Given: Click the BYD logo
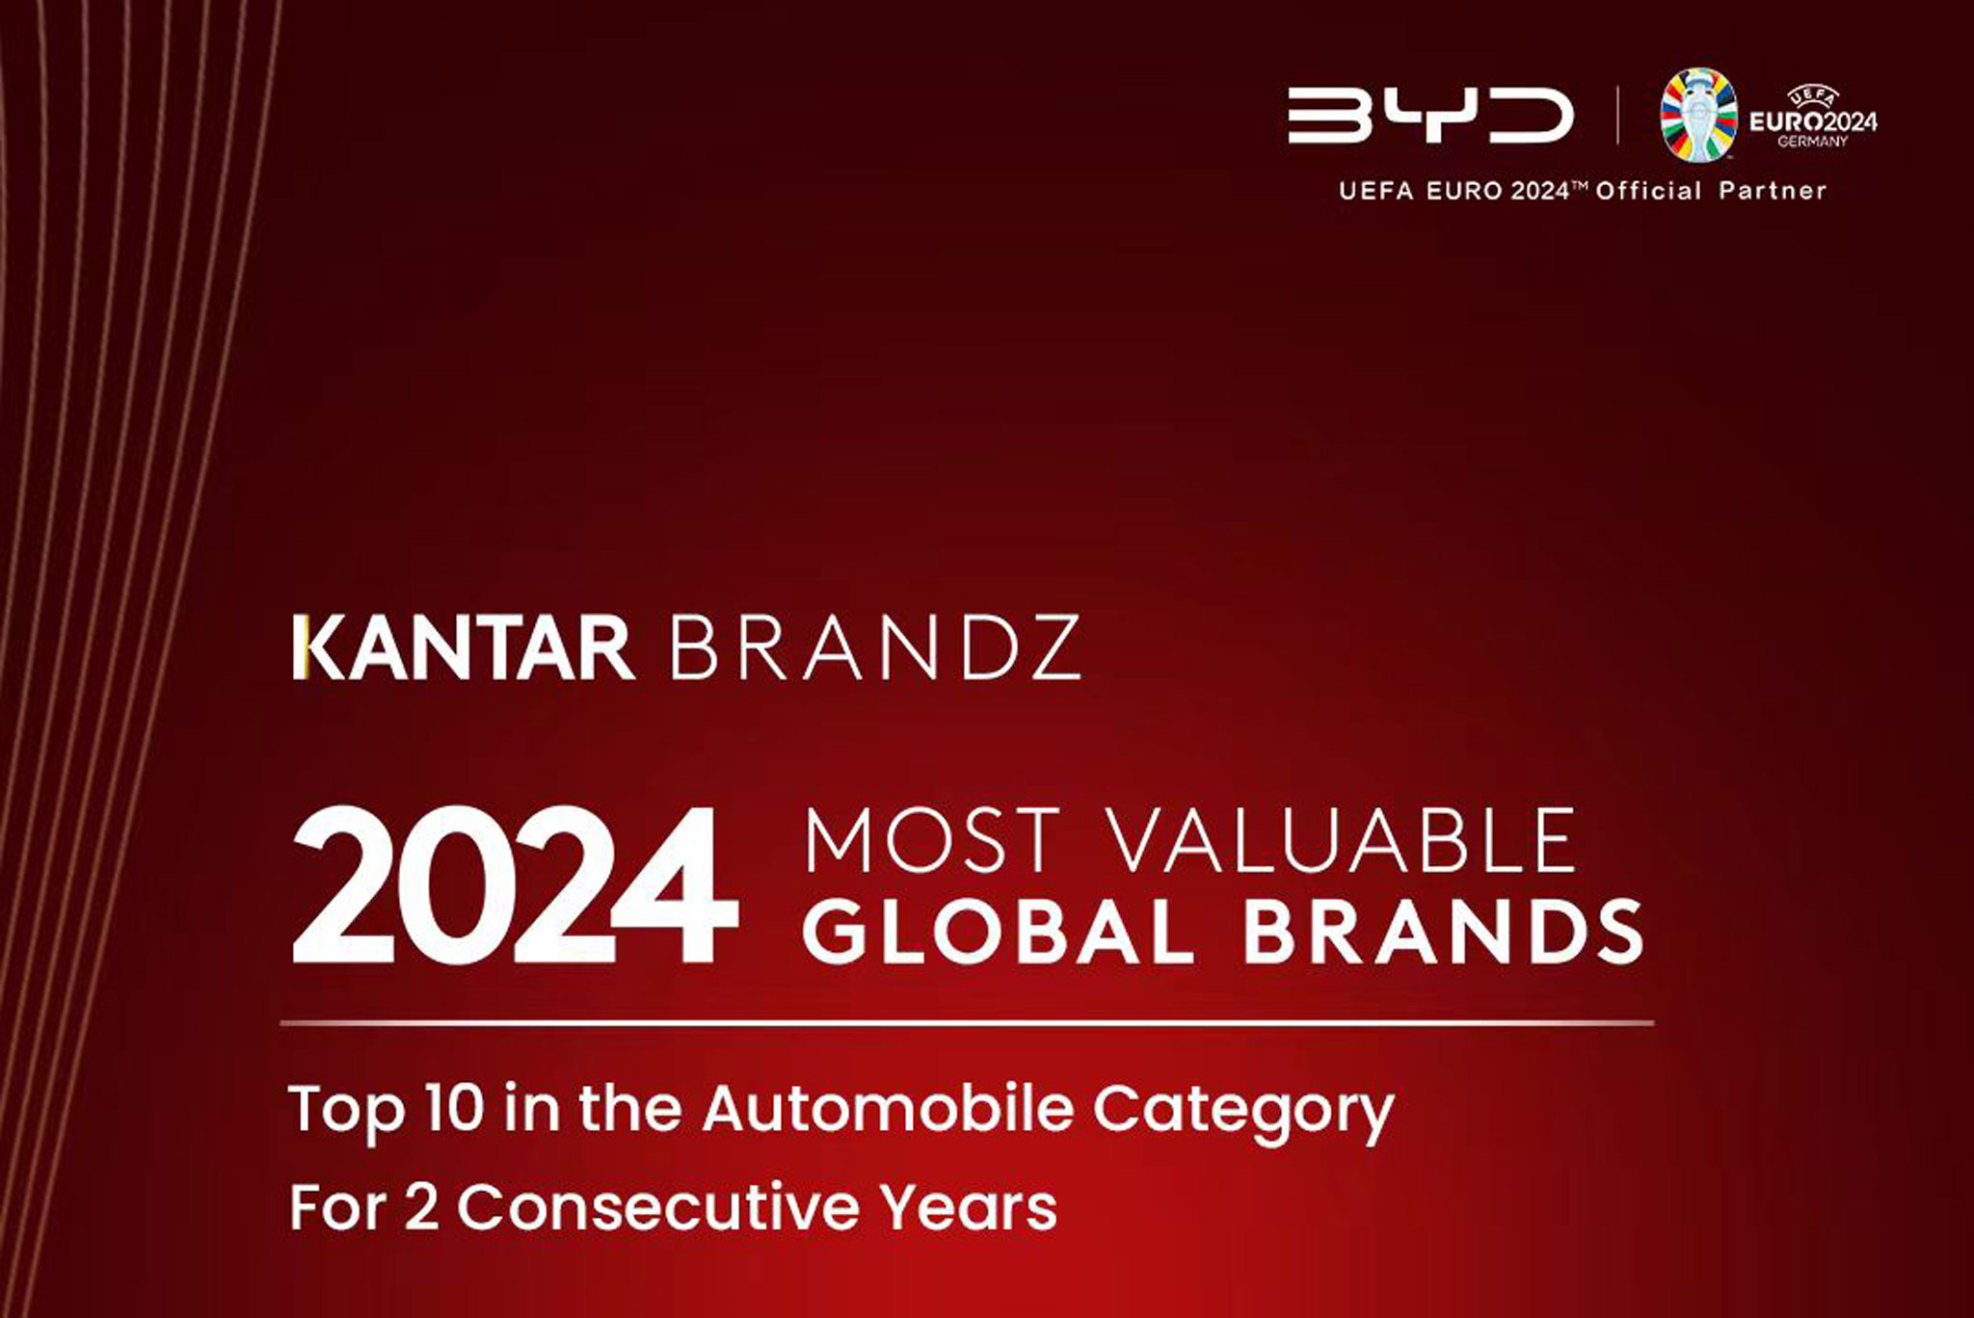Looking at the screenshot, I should coord(1430,117).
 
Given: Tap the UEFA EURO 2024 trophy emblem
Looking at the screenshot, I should coord(1698,115).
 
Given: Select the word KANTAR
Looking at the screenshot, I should coord(464,648).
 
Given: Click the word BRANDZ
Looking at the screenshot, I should coord(875,648).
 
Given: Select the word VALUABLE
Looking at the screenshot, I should coord(1345,841).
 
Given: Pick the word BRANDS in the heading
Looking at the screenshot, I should coord(1443,932).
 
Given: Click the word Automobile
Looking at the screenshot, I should coord(887,1108).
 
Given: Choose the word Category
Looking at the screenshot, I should coord(1243,1110).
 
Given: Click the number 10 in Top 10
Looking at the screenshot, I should coord(452,1108).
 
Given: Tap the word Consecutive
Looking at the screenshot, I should coord(657,1206).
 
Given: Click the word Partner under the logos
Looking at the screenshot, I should coord(1773,191).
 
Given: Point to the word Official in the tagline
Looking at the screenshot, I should coord(1648,191).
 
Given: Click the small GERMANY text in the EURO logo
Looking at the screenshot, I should coord(1813,142).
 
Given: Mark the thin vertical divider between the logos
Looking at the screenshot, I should coord(1618,116).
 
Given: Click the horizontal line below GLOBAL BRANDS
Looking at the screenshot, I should coord(967,1022).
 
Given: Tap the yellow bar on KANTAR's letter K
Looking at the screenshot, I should coord(299,648).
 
